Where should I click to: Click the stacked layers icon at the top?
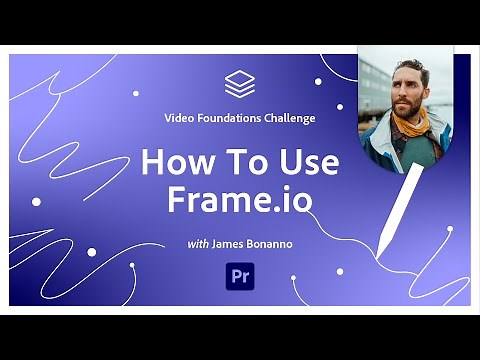pos(240,83)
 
